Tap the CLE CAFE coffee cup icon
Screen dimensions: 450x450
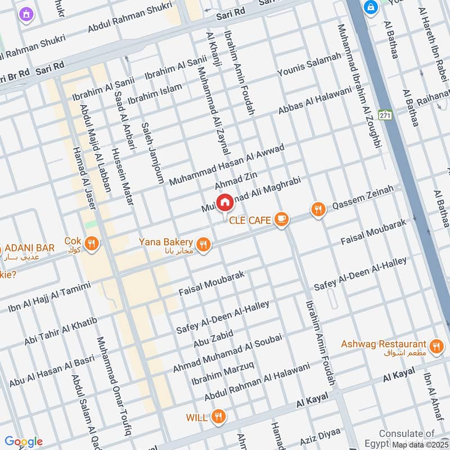(282, 220)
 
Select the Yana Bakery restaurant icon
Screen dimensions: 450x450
(204, 244)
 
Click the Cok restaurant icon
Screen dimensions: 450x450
(92, 243)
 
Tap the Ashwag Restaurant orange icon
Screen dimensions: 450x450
(435, 346)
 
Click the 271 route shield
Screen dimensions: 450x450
(385, 115)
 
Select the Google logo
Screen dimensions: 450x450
(23, 442)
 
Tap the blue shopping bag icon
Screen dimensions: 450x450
(371, 7)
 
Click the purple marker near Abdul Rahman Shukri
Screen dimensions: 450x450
(25, 15)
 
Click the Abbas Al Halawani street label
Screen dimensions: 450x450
(314, 100)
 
